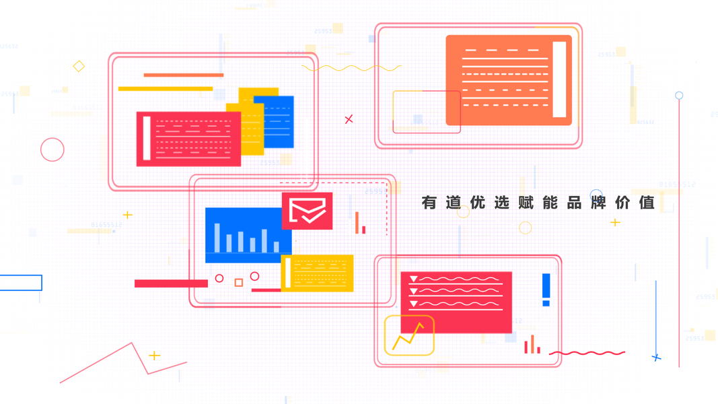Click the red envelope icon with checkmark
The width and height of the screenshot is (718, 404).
pos(307,211)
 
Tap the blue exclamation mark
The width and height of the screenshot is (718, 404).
pos(546,290)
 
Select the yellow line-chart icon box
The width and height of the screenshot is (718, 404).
pos(409,335)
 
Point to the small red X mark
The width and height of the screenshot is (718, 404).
pos(349,119)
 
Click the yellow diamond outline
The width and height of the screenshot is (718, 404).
pos(79,66)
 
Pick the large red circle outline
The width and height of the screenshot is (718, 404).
pos(52,149)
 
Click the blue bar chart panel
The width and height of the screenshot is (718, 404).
pos(244,235)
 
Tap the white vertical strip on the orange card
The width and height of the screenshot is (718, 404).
pos(559,79)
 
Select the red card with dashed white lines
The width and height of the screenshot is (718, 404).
pos(189,139)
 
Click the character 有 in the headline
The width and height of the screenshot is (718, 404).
pos(429,202)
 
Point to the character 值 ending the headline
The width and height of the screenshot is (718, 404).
pos(647,202)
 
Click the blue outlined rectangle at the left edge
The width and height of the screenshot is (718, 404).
pos(20,283)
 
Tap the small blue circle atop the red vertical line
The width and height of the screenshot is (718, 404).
pos(679,96)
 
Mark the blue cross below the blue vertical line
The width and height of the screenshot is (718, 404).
pos(656,358)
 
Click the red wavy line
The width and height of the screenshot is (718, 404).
pos(587,353)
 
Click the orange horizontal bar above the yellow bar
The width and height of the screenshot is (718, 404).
pos(183,75)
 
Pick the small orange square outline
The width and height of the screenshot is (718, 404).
pos(238,283)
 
